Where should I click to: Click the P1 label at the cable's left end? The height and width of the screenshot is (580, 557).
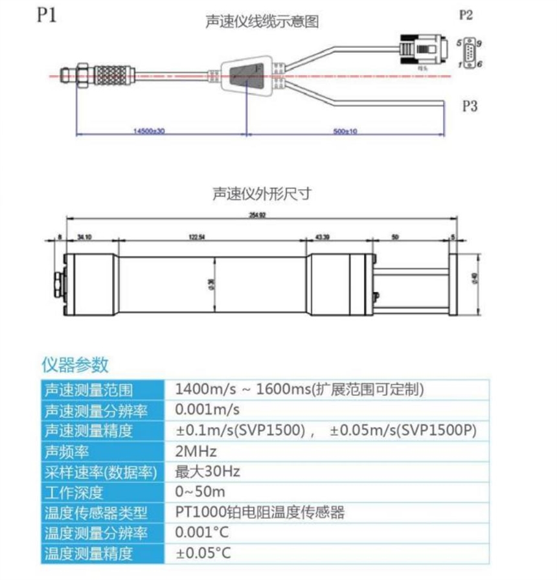tap(46, 15)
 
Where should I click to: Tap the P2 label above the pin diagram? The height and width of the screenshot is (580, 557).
tap(466, 15)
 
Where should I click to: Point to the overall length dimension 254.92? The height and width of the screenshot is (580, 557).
tap(258, 216)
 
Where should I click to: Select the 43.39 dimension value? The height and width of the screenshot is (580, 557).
tap(322, 237)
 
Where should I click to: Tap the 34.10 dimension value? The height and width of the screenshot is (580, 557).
tap(85, 237)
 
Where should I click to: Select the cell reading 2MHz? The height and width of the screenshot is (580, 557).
tap(196, 451)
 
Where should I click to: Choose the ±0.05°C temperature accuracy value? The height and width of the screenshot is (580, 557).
tap(203, 553)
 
